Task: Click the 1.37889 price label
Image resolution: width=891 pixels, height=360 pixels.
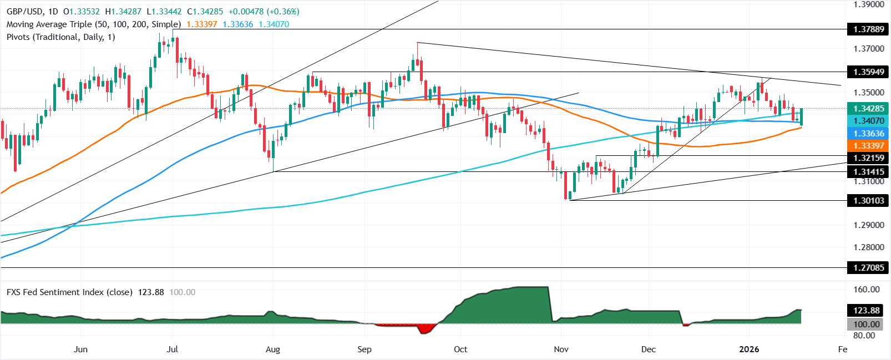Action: coord(868,29)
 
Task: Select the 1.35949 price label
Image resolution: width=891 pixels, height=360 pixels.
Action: coord(868,72)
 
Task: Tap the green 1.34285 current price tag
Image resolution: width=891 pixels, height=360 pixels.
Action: coord(868,109)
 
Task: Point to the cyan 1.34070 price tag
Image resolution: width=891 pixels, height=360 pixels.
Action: coord(868,121)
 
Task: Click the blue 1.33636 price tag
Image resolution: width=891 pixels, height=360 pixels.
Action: coord(868,134)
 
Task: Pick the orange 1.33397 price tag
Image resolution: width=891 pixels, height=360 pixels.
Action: coord(868,146)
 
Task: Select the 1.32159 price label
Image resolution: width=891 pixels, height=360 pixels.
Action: coord(868,159)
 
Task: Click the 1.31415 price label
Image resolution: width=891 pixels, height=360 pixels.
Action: coord(868,172)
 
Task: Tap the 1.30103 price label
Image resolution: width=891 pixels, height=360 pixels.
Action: coord(868,201)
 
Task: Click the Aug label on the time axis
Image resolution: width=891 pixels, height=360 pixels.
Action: coord(272,349)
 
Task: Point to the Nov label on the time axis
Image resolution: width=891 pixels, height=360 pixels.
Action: coord(561,349)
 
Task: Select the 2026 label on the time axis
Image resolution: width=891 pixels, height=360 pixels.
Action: coord(749,349)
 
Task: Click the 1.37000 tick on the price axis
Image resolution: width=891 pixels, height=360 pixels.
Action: coord(868,49)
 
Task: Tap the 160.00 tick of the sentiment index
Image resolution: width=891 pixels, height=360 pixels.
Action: coord(867,290)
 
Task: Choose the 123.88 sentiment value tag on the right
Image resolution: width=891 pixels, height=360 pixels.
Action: coord(867,311)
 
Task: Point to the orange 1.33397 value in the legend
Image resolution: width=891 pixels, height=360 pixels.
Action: coord(202,24)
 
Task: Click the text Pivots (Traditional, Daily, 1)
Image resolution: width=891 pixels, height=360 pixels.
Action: coord(61,37)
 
